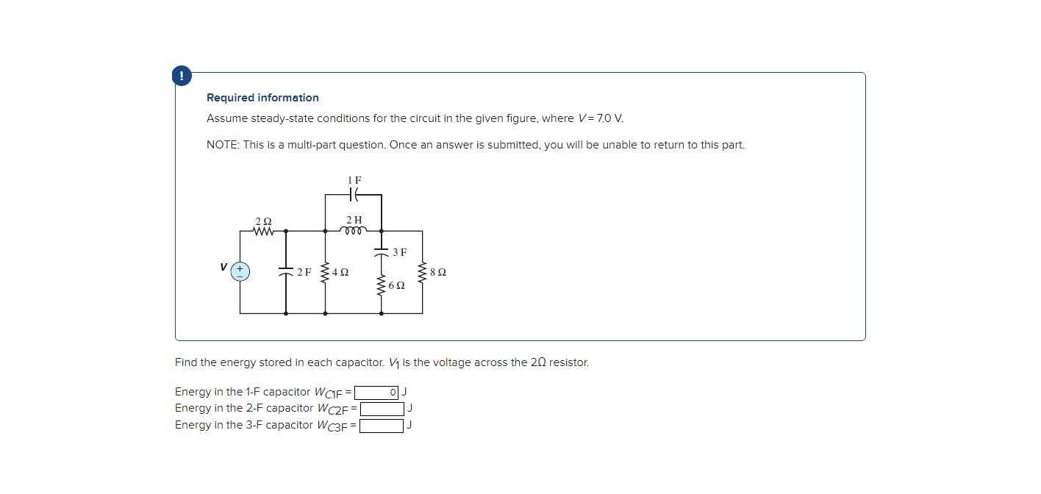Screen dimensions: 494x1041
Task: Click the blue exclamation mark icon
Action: (x=182, y=75)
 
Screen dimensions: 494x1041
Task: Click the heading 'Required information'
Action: (x=262, y=98)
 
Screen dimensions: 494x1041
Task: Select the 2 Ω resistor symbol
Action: (x=263, y=231)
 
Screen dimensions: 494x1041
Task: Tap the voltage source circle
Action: (x=240, y=271)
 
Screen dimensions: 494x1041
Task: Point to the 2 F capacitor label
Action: (x=304, y=272)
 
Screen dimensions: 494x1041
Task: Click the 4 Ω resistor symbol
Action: (x=325, y=272)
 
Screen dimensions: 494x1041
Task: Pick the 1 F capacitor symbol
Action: (x=354, y=195)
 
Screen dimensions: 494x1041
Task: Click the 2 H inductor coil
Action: (x=354, y=230)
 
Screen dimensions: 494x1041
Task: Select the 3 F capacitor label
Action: (x=399, y=252)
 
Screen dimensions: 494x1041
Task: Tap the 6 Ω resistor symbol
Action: (x=381, y=285)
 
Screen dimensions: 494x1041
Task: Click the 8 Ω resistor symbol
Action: (x=422, y=272)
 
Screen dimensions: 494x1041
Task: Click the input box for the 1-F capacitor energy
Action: (x=376, y=392)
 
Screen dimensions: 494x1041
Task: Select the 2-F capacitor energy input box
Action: (x=382, y=409)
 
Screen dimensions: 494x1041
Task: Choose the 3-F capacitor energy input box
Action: (x=381, y=426)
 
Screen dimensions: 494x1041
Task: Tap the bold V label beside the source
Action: (x=223, y=267)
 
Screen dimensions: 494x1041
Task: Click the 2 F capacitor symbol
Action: (x=286, y=272)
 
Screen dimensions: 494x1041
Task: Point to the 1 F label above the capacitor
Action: (x=354, y=180)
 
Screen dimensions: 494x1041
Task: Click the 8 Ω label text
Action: (x=437, y=272)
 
